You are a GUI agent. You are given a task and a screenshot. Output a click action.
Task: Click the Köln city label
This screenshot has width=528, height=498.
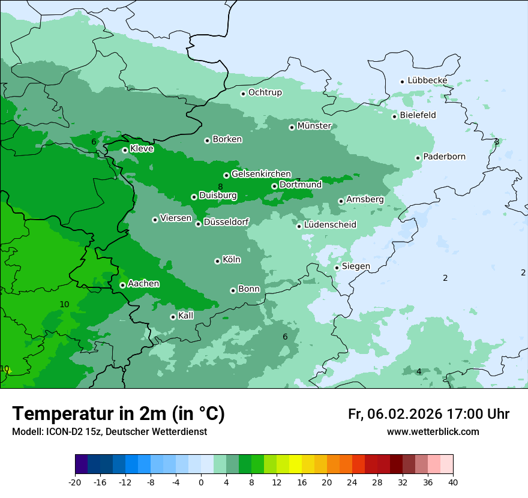point(232,260)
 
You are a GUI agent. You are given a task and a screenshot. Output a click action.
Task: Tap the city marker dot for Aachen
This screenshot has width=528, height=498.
point(122,285)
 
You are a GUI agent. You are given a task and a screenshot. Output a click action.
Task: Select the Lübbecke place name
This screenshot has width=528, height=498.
point(427,80)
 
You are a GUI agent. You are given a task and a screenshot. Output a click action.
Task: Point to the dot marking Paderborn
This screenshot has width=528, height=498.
point(418,158)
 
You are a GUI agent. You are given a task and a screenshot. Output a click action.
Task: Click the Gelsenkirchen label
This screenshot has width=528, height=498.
point(261,174)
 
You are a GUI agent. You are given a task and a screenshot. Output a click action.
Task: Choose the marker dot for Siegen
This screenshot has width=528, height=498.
point(337,268)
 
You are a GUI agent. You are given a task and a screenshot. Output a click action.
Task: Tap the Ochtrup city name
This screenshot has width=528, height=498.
point(265,92)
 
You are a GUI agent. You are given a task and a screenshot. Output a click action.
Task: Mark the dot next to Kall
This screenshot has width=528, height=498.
point(173,317)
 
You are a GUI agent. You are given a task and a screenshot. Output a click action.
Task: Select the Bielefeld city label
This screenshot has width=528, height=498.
point(418,115)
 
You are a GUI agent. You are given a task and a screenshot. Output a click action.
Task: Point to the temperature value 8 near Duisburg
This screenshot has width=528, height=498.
point(220,187)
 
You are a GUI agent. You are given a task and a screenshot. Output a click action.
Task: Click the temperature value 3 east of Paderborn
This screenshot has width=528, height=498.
point(496,142)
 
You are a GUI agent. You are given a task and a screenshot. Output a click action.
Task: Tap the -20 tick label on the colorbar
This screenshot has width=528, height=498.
point(75,482)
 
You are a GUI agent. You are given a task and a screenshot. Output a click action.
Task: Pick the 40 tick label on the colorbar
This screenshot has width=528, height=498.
point(453,482)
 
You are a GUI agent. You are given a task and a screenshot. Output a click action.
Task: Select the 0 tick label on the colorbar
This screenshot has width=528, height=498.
point(201,482)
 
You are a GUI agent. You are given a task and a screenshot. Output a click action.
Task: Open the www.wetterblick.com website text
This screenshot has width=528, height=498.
point(433,432)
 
